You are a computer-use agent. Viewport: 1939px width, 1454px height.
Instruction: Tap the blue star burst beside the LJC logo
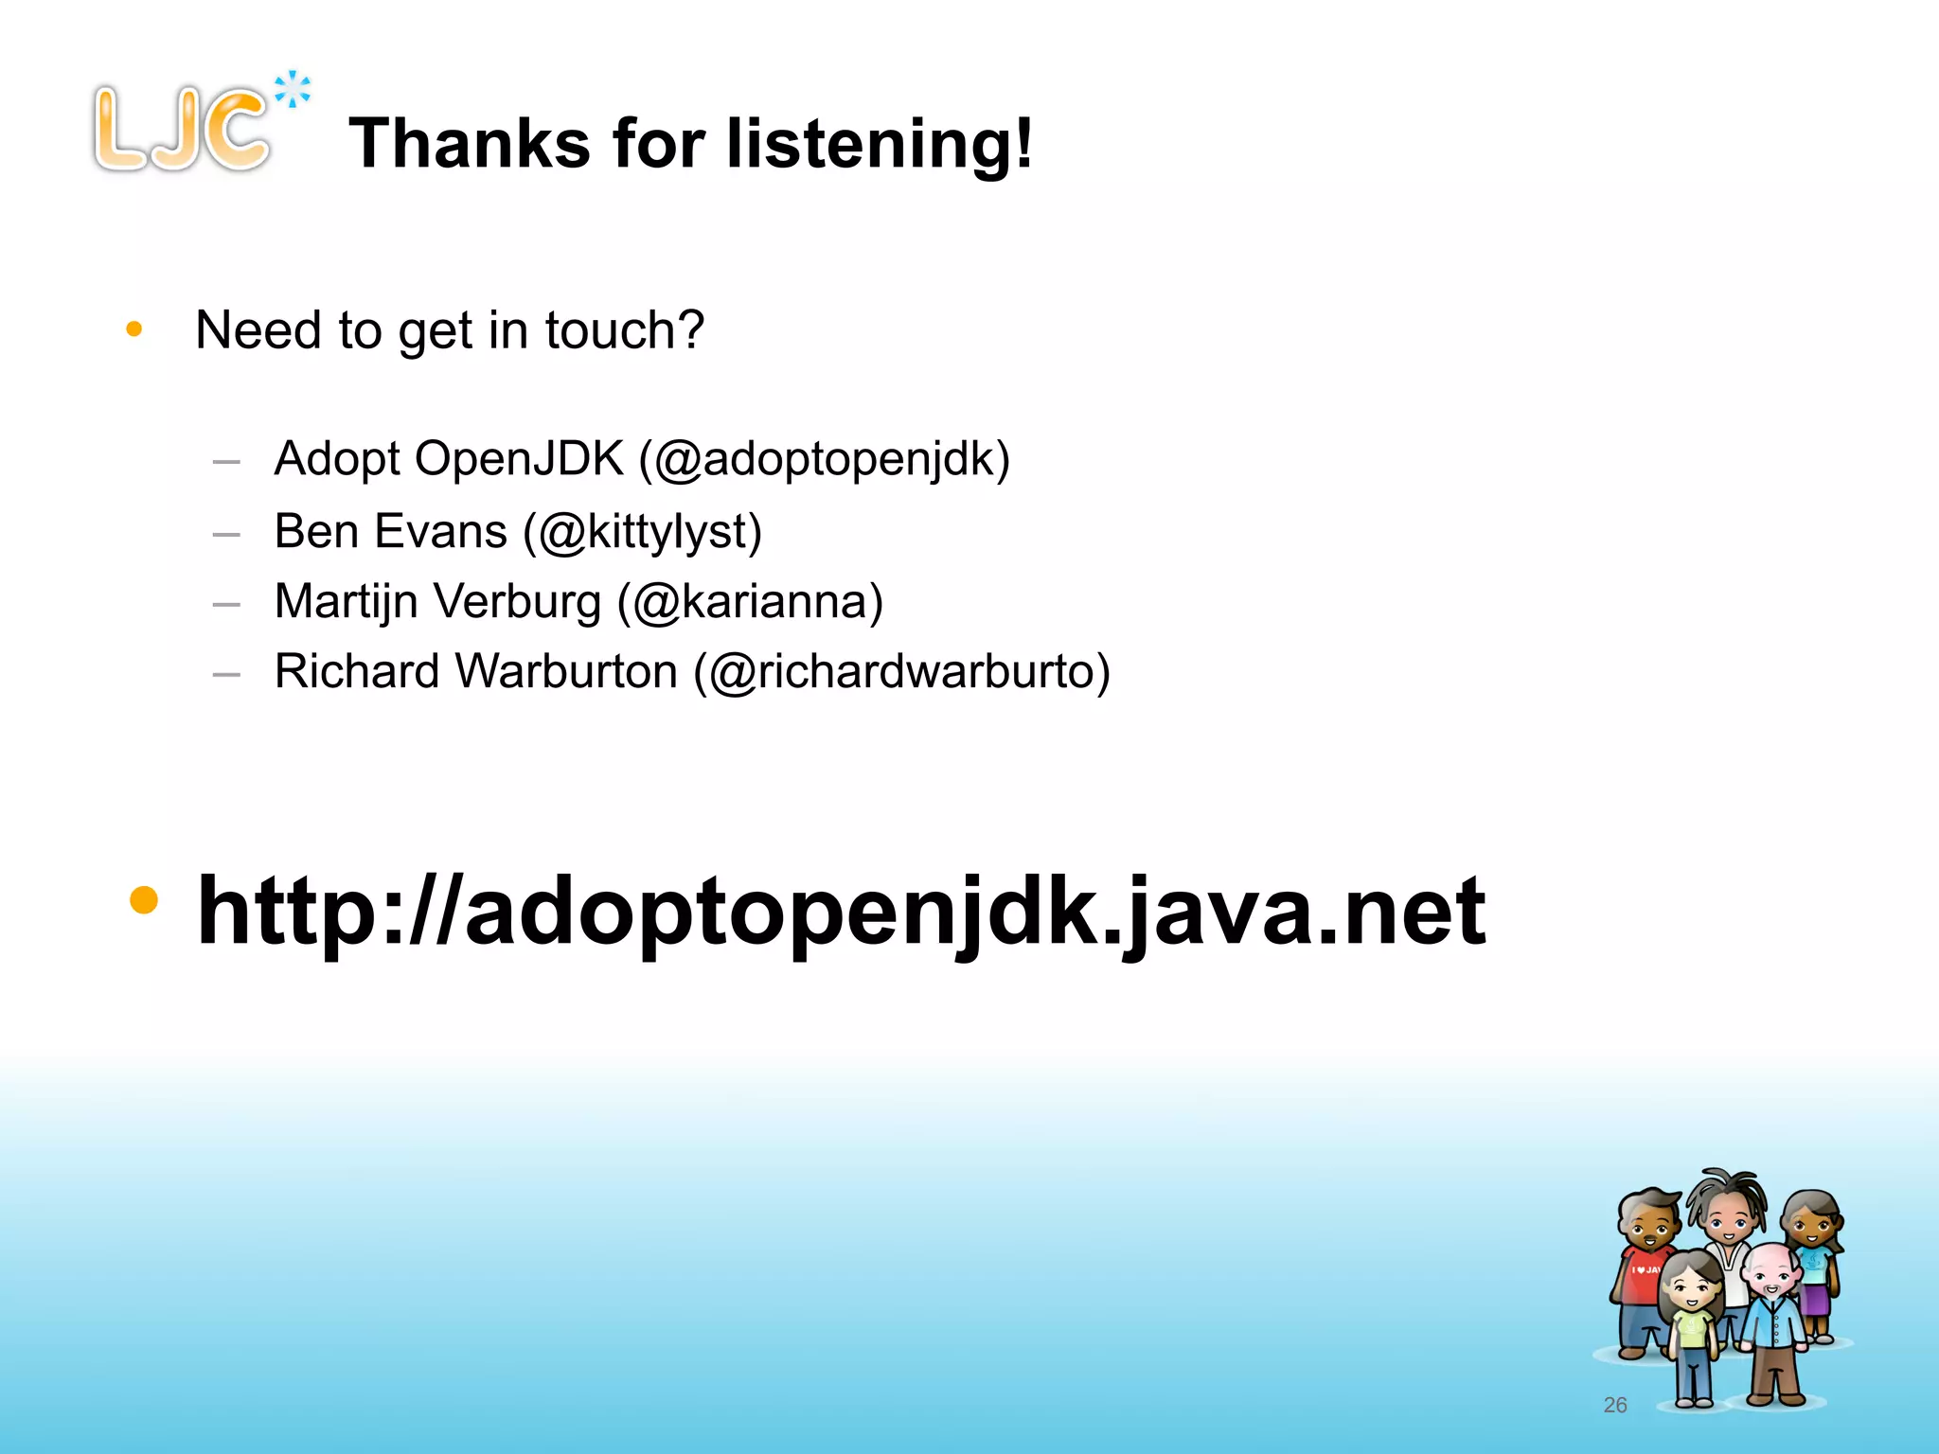coord(293,90)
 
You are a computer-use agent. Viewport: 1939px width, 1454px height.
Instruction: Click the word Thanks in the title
coord(470,144)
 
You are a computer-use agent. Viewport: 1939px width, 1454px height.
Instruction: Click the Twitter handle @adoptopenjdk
coord(825,460)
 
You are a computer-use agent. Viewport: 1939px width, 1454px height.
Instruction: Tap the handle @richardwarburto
coord(901,672)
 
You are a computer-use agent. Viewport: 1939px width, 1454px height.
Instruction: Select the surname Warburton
coord(566,672)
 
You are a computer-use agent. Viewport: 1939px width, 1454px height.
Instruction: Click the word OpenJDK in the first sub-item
coord(519,460)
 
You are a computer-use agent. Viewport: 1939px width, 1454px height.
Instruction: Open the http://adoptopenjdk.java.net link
coord(841,911)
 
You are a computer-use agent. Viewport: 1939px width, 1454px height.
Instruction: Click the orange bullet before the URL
coord(144,899)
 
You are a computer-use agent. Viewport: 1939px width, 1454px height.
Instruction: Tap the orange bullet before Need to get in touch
coord(134,329)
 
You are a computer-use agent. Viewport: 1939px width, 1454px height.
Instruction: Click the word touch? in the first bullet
coord(625,330)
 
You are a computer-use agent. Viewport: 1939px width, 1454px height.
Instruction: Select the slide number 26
coord(1615,1405)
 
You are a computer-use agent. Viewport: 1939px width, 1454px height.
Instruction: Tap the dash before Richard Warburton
coord(226,675)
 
